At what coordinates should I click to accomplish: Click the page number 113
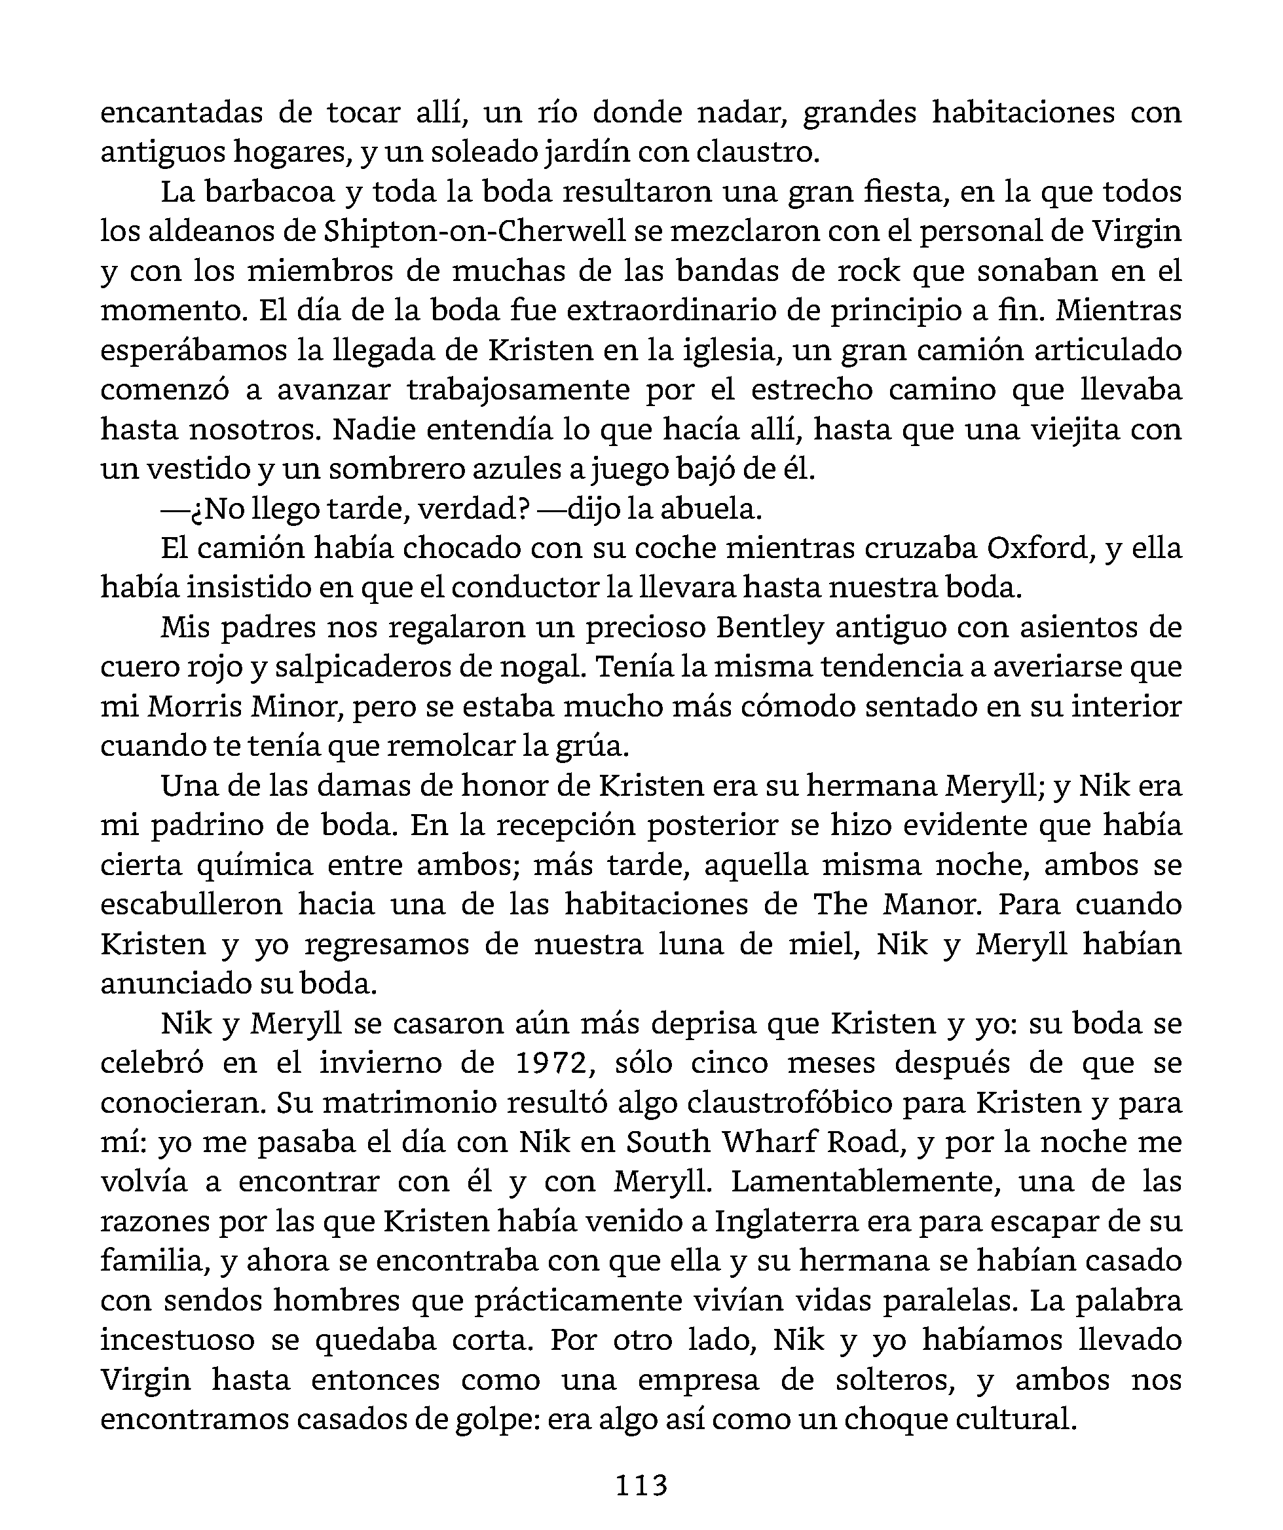(641, 1484)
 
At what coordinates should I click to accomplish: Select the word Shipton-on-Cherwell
(474, 231)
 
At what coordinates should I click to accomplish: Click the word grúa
(596, 746)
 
